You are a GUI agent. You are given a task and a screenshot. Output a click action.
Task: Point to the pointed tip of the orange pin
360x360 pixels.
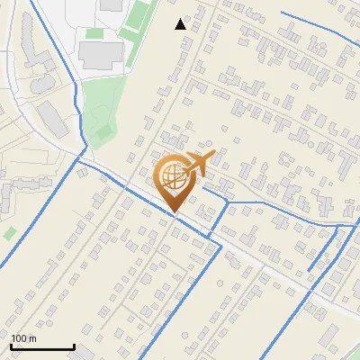click(x=174, y=212)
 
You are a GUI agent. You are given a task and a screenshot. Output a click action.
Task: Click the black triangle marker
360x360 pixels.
click(x=181, y=24)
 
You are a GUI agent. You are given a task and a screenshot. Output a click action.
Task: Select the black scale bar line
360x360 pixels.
click(x=42, y=346)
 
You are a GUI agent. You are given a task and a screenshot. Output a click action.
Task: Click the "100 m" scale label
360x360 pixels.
click(x=24, y=338)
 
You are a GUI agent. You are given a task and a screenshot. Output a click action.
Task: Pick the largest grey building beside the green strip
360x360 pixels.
click(x=100, y=54)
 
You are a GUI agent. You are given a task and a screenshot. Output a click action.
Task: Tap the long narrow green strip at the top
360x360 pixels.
click(x=138, y=31)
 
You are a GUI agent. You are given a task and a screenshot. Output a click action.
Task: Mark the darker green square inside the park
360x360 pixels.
click(x=104, y=132)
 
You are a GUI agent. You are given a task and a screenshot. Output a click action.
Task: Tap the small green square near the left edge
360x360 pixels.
click(x=9, y=233)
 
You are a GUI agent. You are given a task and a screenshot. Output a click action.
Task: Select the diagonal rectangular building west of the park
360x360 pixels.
click(x=51, y=120)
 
